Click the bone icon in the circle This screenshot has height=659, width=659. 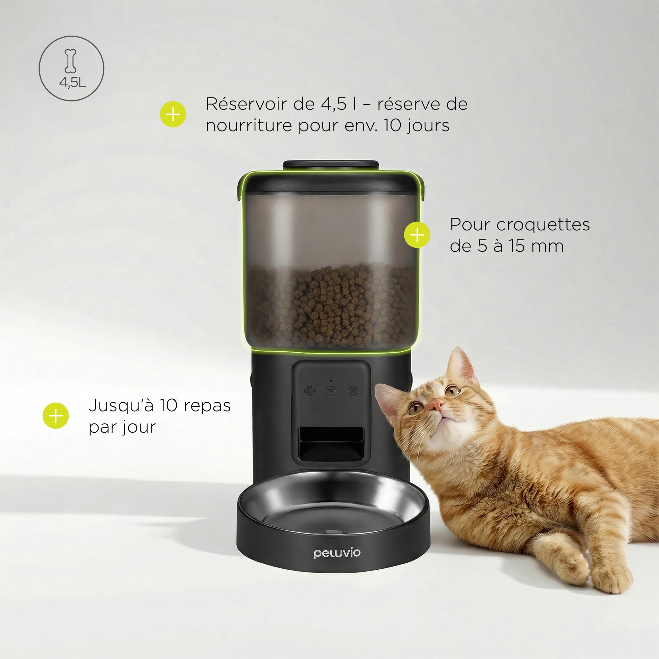pyautogui.click(x=71, y=61)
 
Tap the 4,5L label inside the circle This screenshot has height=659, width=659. pyautogui.click(x=72, y=82)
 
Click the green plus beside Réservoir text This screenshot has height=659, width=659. pyautogui.click(x=173, y=114)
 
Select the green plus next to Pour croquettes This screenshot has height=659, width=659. pyautogui.click(x=417, y=235)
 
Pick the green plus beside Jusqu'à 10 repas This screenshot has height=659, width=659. pyautogui.click(x=56, y=415)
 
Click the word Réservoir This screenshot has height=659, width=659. pyautogui.click(x=246, y=104)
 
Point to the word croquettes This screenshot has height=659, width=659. pyautogui.click(x=543, y=225)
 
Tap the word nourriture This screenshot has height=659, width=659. pyautogui.click(x=249, y=126)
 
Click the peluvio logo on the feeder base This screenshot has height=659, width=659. pyautogui.click(x=337, y=553)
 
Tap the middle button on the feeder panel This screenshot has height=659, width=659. pyautogui.click(x=331, y=390)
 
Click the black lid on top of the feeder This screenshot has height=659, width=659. pyautogui.click(x=330, y=164)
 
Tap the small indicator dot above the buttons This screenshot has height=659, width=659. pyautogui.click(x=331, y=380)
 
